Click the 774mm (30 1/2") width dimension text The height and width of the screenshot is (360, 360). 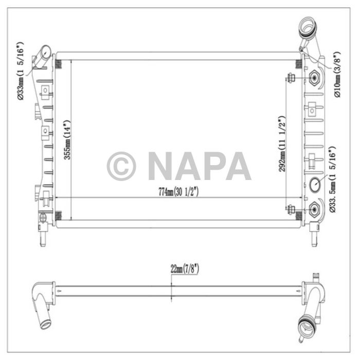tap(178, 192)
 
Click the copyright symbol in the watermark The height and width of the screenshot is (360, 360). tap(121, 166)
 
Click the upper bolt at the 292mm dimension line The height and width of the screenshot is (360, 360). tap(291, 78)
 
